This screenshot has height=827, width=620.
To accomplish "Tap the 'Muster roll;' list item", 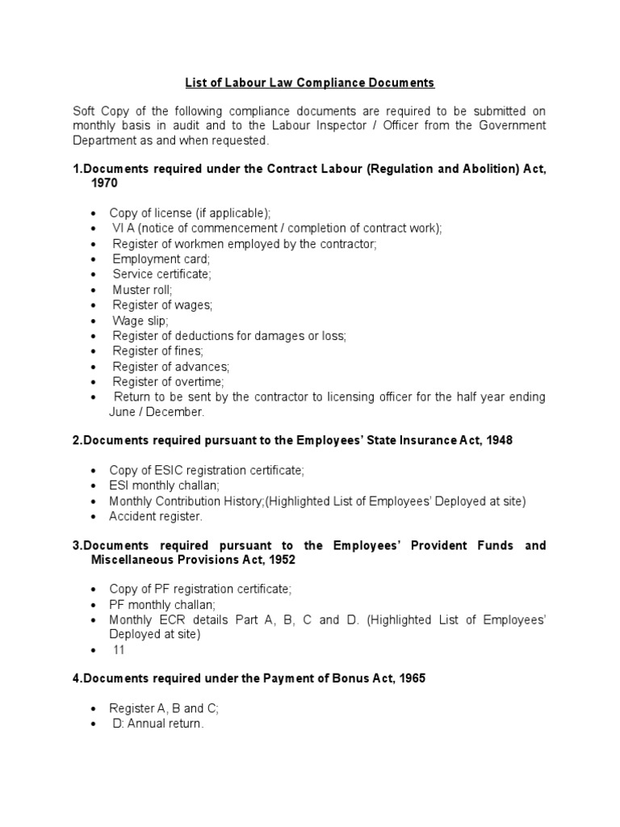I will (x=142, y=289).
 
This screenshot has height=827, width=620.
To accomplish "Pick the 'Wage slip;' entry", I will (x=140, y=320).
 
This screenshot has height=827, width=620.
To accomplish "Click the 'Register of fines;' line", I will (x=157, y=351).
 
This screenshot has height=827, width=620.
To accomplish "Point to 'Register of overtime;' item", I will (x=168, y=381).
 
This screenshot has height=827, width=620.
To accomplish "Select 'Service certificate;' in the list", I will (x=161, y=274).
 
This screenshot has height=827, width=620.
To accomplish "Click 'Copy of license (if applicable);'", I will (x=190, y=212).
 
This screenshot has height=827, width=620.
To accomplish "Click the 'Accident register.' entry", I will (x=156, y=516).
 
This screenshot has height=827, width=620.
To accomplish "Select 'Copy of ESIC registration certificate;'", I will (x=207, y=470).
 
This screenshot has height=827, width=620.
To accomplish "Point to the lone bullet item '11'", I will (x=119, y=649).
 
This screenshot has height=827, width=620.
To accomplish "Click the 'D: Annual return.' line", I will (x=158, y=724).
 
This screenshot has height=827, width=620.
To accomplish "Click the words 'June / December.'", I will (x=157, y=412).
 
